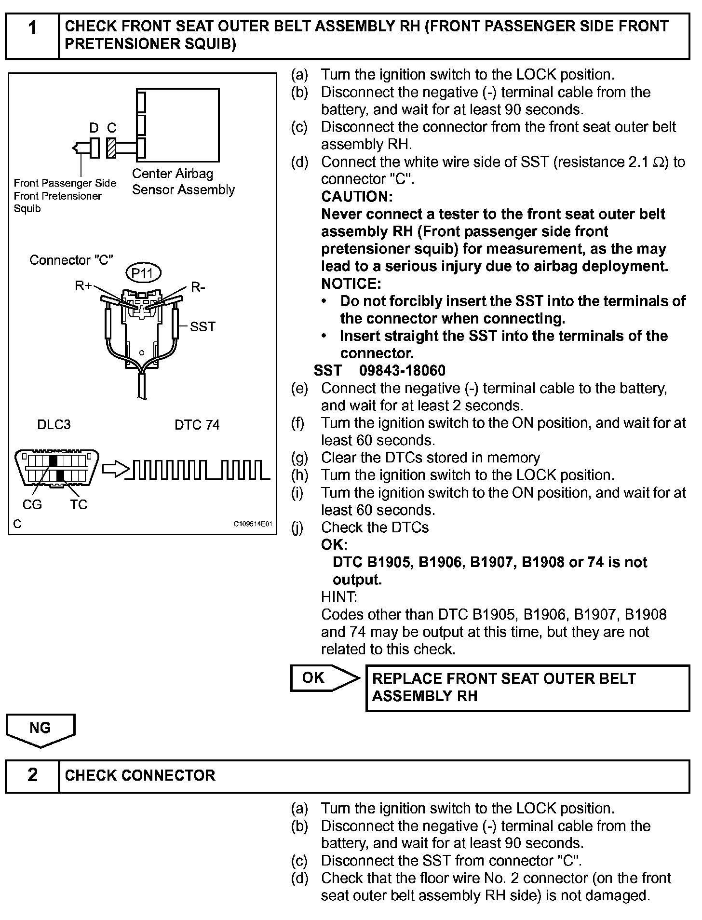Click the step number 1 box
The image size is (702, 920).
point(32,35)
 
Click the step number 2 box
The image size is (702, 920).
point(32,775)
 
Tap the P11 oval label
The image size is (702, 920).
point(143,273)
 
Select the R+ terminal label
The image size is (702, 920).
point(83,285)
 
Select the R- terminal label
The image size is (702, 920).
point(198,287)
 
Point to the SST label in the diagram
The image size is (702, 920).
point(202,326)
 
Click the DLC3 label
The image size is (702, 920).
point(54,425)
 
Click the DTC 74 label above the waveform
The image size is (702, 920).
point(197,425)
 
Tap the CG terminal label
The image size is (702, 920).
point(32,504)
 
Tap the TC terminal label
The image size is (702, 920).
point(79,504)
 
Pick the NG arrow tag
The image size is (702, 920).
point(40,730)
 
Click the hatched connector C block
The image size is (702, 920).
point(112,148)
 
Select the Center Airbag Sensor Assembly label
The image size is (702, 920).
point(183,181)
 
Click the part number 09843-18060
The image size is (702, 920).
point(402,370)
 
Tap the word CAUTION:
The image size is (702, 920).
point(357,196)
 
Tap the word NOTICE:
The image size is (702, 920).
point(351,283)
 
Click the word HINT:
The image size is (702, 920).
point(339,597)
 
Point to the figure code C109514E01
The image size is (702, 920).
point(253,524)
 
